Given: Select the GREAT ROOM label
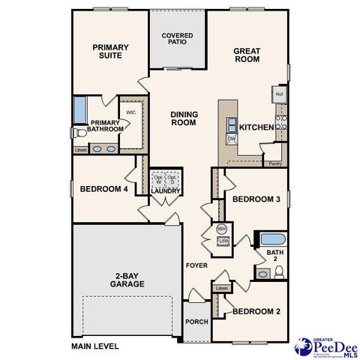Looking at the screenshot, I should pyautogui.click(x=246, y=56).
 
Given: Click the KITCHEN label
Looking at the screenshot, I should pyautogui.click(x=256, y=127).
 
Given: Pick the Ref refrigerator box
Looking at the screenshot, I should pyautogui.click(x=279, y=94).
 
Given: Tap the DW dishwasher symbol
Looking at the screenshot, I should pyautogui.click(x=231, y=139).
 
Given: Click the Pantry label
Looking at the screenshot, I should pyautogui.click(x=275, y=163).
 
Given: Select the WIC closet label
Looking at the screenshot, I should pyautogui.click(x=130, y=112).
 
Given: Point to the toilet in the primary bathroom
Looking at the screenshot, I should pyautogui.click(x=78, y=133).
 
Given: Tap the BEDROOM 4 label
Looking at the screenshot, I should pyautogui.click(x=103, y=188).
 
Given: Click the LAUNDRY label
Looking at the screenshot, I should pyautogui.click(x=166, y=191).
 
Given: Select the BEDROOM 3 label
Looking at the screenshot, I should pyautogui.click(x=256, y=199).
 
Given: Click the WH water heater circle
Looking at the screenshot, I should pyautogui.click(x=222, y=228).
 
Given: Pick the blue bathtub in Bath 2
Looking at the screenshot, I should pyautogui.click(x=270, y=240).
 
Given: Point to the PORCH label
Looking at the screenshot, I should pyautogui.click(x=196, y=322).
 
